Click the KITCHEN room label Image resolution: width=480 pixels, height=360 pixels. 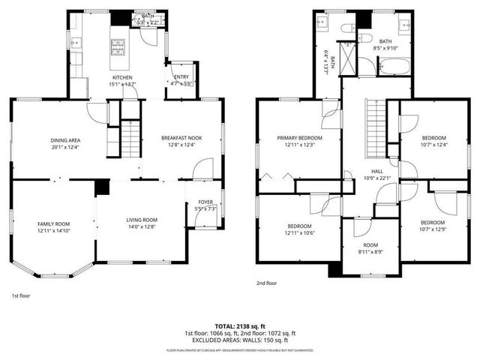click(123, 77)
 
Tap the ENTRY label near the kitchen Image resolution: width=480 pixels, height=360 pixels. click(181, 77)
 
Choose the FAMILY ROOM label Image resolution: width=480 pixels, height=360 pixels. click(53, 224)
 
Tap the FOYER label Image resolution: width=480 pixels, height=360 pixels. click(205, 202)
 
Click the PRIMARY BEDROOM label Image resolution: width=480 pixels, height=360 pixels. click(299, 138)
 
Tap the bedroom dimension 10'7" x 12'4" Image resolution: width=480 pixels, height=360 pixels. click(433, 145)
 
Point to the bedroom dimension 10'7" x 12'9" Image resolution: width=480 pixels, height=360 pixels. click(433, 229)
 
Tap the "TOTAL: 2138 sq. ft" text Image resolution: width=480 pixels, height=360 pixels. click(239, 326)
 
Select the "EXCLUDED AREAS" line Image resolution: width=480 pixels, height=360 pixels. click(239, 340)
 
